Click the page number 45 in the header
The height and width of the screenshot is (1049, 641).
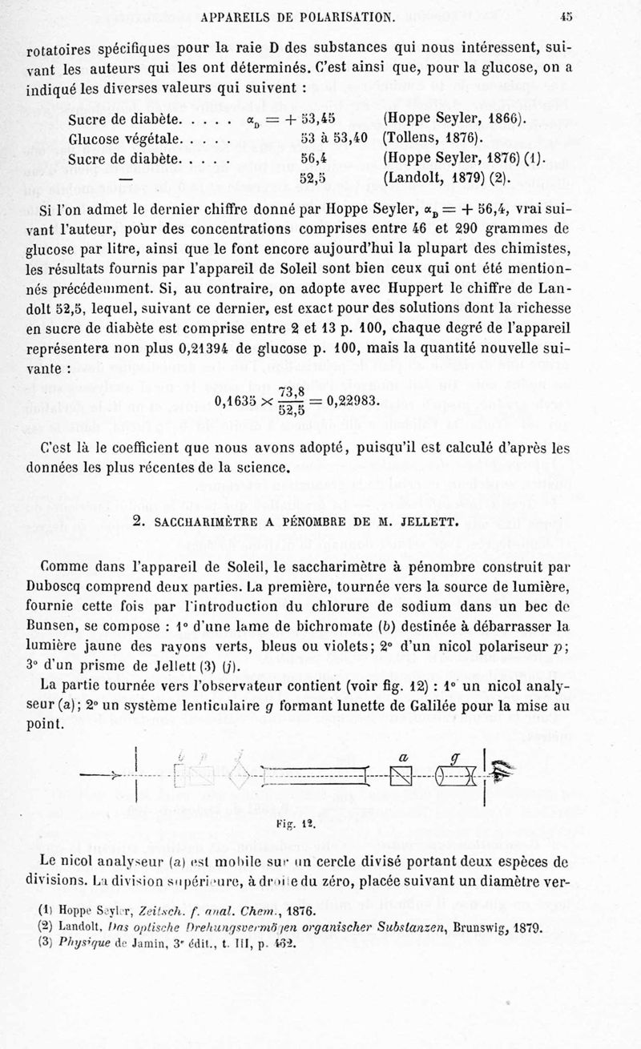pos(566,14)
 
